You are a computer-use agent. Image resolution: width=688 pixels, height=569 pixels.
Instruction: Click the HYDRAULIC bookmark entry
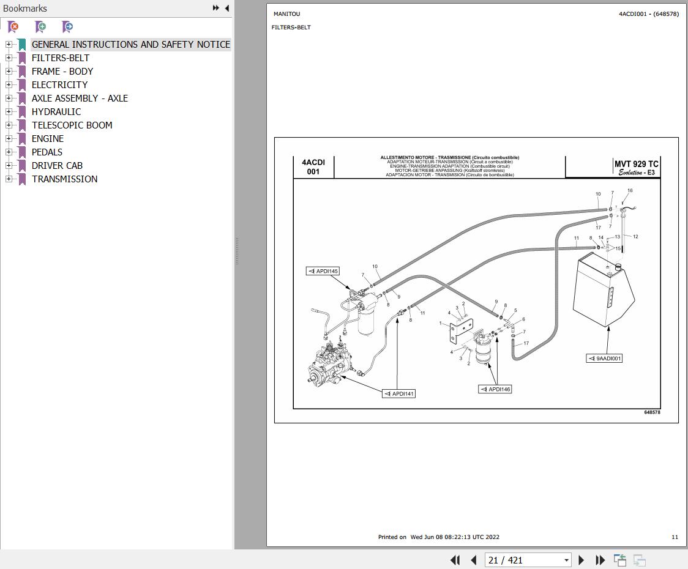click(56, 112)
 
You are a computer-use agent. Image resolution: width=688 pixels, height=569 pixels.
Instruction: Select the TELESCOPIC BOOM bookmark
click(72, 125)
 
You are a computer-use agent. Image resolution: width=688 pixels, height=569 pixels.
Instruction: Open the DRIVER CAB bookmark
click(57, 166)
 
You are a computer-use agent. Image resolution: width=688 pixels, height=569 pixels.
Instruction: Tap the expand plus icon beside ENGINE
click(9, 139)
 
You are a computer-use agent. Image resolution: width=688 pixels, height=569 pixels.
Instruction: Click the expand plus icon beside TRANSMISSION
click(9, 179)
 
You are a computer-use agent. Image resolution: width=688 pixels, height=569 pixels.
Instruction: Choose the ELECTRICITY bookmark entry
click(59, 85)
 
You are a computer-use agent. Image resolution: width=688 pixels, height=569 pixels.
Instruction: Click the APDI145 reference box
click(323, 271)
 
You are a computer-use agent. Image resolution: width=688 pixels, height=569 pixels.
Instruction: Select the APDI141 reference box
click(399, 393)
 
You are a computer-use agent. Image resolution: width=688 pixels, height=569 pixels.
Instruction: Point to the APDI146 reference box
click(495, 389)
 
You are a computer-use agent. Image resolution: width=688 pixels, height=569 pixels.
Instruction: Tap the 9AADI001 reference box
click(605, 359)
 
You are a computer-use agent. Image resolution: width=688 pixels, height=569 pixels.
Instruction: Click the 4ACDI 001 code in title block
click(313, 166)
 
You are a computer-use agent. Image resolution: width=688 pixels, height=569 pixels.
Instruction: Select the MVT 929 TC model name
click(636, 164)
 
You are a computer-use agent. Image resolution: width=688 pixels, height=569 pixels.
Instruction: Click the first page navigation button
click(455, 560)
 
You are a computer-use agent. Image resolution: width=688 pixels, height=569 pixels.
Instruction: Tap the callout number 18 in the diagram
click(630, 190)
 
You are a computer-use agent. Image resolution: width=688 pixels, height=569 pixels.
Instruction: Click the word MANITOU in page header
click(287, 14)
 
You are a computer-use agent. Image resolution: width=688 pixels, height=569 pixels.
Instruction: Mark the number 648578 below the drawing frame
click(652, 412)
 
